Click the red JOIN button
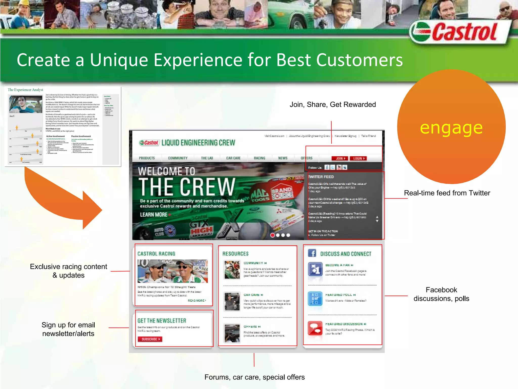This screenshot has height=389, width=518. (340, 159)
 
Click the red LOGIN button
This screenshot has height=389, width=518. (358, 159)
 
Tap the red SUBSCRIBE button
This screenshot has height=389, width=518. (150, 339)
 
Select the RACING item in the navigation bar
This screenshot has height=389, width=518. (260, 158)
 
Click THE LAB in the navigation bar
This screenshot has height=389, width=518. (207, 158)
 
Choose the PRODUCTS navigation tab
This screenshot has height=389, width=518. (147, 158)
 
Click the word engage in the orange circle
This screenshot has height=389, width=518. (451, 128)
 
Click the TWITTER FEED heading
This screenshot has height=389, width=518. (321, 177)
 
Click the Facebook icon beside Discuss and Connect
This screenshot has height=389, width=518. (312, 253)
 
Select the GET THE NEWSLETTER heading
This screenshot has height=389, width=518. (162, 321)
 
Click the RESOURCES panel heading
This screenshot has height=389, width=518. (235, 254)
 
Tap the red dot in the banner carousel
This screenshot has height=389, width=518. (272, 235)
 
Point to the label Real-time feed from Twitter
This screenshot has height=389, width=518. (447, 193)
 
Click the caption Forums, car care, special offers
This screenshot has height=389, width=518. (254, 377)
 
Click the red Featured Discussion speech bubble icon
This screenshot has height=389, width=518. (315, 328)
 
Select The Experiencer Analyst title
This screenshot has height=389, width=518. (25, 90)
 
